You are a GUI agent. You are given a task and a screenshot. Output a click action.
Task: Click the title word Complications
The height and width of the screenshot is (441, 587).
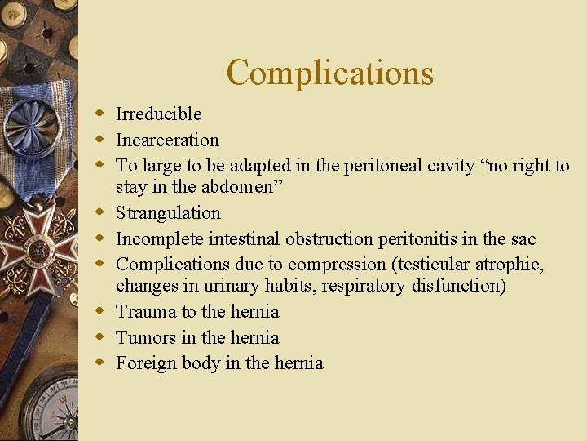pos(329,73)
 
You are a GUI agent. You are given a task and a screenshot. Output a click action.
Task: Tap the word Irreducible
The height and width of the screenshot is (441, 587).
pos(158,114)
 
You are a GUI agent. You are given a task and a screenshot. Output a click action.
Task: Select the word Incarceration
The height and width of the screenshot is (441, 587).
pos(167,140)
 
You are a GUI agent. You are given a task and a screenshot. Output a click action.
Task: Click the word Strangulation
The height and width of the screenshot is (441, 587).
pos(168,212)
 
